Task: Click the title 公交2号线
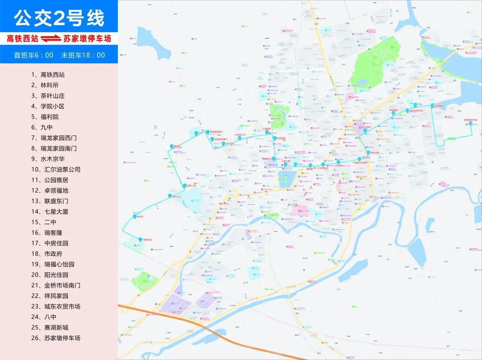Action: click(x=59, y=18)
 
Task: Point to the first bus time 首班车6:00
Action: click(x=34, y=55)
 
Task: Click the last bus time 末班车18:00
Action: click(x=83, y=55)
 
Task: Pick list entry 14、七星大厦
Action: click(x=50, y=212)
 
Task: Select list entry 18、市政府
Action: click(x=46, y=254)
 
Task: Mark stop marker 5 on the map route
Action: click(x=172, y=147)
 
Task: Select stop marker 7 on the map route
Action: click(x=207, y=132)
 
